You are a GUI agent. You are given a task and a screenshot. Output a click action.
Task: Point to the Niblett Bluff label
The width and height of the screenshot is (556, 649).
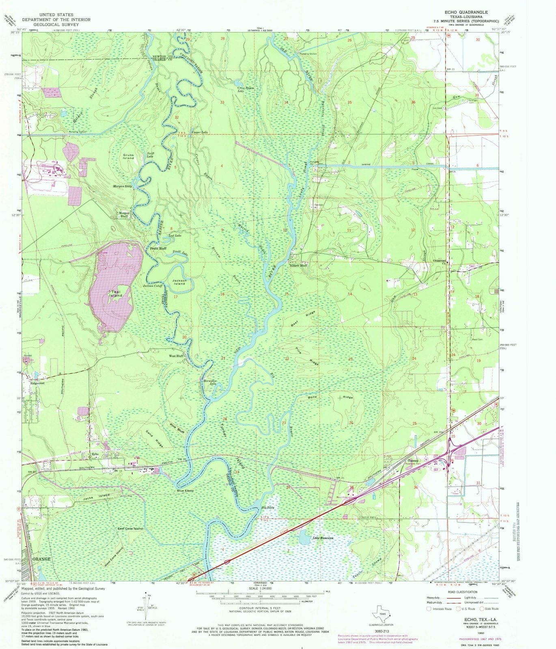point(298,265)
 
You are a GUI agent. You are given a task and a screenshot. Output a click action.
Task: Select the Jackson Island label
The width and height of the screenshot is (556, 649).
point(179,282)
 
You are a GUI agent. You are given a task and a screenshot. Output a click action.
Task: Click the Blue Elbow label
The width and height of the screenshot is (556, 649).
point(185,491)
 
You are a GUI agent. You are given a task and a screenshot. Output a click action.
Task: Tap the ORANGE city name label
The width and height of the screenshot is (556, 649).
point(41,559)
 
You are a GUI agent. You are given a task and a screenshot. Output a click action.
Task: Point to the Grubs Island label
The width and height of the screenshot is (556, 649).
point(129,156)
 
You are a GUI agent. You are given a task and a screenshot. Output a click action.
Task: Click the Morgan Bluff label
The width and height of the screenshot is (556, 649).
point(123,215)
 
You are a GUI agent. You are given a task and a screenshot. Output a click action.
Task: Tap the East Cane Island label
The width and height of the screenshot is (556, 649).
point(130,529)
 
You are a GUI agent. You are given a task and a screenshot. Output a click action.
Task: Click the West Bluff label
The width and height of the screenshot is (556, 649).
point(177,356)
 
